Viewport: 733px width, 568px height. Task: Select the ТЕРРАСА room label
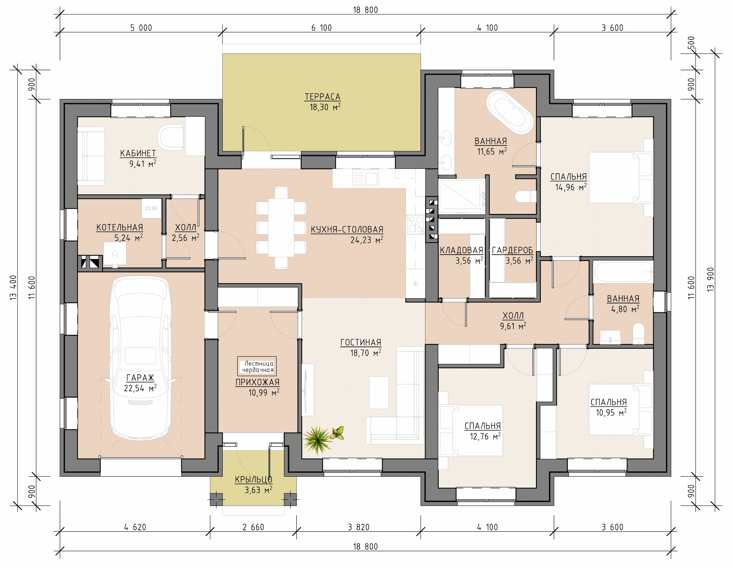coord(322,97)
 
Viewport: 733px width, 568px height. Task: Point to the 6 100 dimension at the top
coord(321,28)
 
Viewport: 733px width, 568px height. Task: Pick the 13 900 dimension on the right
coord(710,279)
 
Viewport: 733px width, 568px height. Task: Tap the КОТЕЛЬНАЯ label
coord(119,228)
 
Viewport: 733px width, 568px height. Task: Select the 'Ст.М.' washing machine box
coord(151,208)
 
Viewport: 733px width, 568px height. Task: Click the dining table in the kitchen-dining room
coord(281,228)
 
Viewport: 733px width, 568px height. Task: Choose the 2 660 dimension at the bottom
coord(253,527)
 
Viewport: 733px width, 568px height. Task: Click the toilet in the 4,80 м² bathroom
coord(638,333)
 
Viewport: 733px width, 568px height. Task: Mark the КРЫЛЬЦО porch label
coord(253,480)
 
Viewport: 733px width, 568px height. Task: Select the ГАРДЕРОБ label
coord(512,250)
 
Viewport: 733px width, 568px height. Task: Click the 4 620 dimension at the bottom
coord(135,527)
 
